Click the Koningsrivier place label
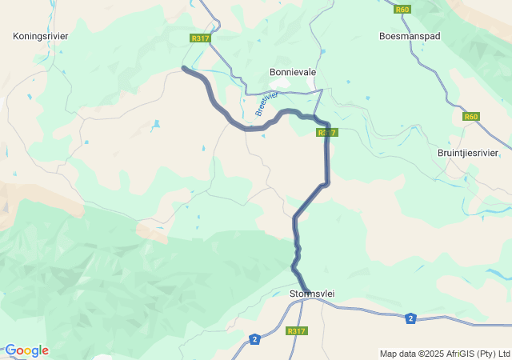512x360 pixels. tap(41, 36)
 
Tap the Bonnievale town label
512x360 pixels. tap(293, 72)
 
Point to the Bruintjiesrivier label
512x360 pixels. tap(468, 153)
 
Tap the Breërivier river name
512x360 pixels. tap(266, 103)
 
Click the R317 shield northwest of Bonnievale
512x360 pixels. tap(200, 38)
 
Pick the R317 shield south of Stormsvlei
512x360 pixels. tap(296, 331)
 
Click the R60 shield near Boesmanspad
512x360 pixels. tap(402, 10)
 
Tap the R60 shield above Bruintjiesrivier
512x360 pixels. tap(471, 117)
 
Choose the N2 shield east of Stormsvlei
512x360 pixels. tap(410, 318)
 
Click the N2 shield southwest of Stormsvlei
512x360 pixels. tap(254, 338)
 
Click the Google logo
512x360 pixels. tap(26, 350)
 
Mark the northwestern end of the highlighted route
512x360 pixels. tap(184, 69)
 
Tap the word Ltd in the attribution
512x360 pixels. tap(504, 354)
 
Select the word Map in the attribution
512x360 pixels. tap(389, 354)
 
